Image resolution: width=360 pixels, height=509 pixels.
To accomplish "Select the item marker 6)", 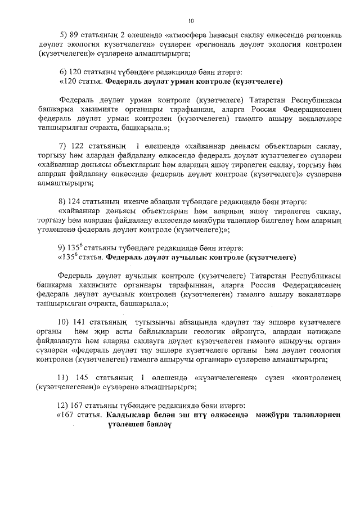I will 64,72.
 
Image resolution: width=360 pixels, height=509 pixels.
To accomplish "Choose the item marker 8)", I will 64,201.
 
